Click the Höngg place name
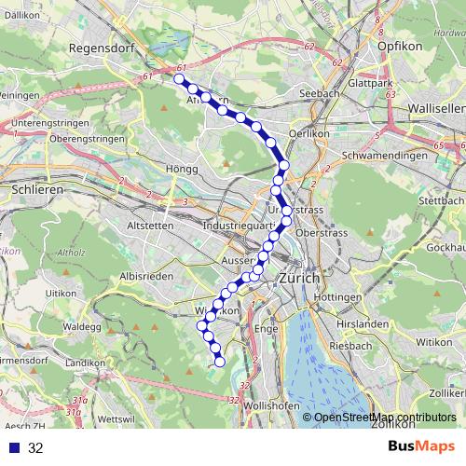click(x=182, y=169)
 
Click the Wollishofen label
click(x=270, y=407)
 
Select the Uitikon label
click(x=60, y=293)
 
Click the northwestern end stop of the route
click(x=179, y=79)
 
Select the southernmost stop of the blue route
click(x=221, y=362)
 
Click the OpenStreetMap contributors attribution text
click(x=385, y=418)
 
